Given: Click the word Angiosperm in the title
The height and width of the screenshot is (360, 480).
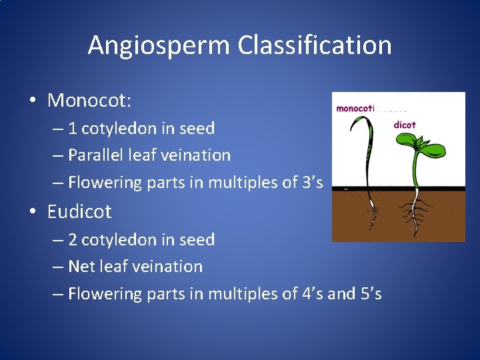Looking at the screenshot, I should pos(159,46).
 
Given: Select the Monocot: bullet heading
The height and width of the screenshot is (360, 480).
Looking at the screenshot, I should pos(89,101).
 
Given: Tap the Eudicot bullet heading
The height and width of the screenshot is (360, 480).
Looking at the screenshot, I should pos(79,212).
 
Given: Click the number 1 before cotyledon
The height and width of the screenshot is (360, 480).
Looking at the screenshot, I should pos(73,128).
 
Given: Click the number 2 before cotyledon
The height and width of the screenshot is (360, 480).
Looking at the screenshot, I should pos(73,239).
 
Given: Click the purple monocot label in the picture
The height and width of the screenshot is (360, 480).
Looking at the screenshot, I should pos(356,108).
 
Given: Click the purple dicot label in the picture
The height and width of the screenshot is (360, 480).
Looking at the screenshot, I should pos(405,124).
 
